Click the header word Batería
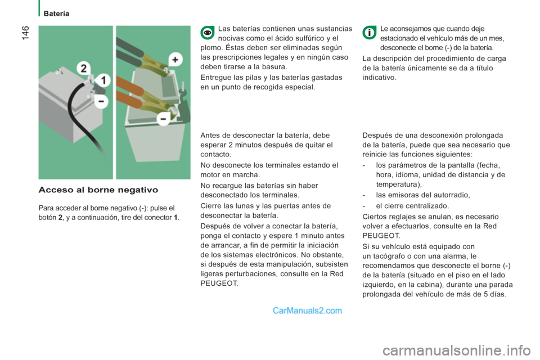(56, 13)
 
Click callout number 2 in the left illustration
(84, 69)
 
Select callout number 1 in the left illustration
(104, 79)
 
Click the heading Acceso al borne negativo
(98, 190)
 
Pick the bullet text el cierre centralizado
(412, 206)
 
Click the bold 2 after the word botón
(60, 218)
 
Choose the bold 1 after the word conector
(178, 218)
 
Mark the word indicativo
(379, 78)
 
